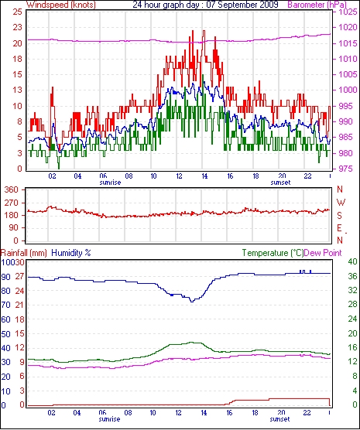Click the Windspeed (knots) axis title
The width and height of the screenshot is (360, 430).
tap(61, 5)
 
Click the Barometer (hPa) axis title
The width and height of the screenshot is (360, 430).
tap(317, 5)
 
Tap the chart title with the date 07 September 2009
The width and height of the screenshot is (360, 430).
tap(205, 5)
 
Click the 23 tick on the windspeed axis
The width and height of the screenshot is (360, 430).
tap(17, 27)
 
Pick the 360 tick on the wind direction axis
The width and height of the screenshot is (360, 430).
tap(12, 189)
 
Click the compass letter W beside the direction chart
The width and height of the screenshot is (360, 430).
tap(341, 203)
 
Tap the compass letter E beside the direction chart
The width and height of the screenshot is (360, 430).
tap(339, 228)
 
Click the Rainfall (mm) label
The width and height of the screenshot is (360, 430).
tap(24, 253)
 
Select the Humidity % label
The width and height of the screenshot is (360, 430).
tap(71, 253)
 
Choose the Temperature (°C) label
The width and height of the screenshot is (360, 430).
tap(273, 253)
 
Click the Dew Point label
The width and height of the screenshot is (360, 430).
tap(323, 253)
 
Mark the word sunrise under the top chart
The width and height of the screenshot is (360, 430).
tap(110, 183)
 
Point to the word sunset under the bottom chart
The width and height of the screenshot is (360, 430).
tap(279, 419)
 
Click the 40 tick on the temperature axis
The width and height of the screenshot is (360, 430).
tap(352, 261)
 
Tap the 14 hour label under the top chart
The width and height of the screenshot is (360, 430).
tap(204, 176)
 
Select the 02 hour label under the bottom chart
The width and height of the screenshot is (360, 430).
tap(52, 412)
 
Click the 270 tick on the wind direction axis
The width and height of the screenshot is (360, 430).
tap(12, 203)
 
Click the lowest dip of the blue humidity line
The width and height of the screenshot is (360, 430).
tap(192, 302)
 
